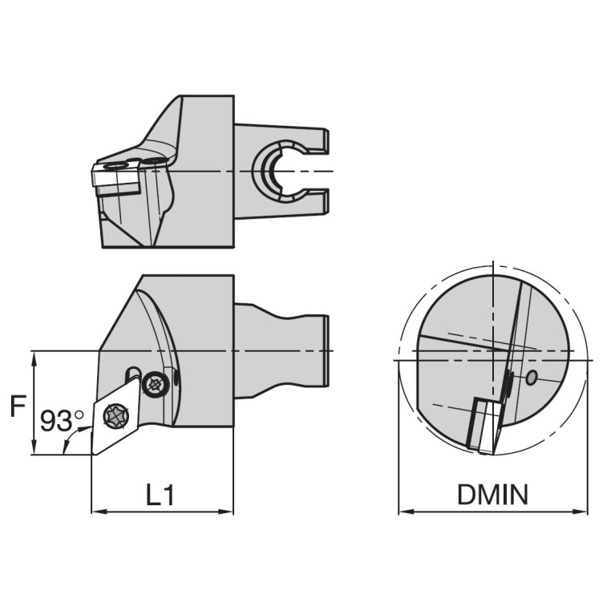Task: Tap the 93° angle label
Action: (x=62, y=420)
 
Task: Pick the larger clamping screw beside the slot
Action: (x=154, y=385)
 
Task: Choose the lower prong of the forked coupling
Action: (x=321, y=200)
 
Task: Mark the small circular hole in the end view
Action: (x=531, y=378)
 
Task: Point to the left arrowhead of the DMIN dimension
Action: (x=403, y=512)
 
